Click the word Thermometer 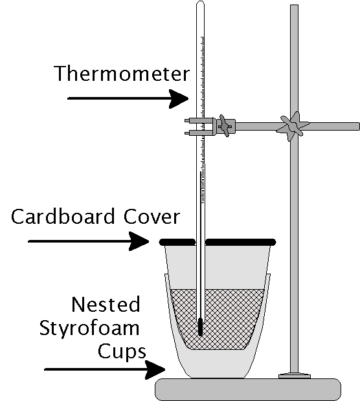(122, 73)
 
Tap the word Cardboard (63, 217)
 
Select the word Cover (152, 217)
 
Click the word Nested (106, 305)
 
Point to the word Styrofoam (89, 329)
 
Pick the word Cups (122, 352)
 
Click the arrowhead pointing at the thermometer (179, 99)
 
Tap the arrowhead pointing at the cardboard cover (139, 241)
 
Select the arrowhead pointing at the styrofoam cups (155, 369)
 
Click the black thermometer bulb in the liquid (201, 327)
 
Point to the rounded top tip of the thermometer (201, 2)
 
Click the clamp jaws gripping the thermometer (199, 127)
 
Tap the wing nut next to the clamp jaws (225, 126)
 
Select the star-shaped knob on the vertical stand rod (293, 126)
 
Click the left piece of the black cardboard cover (177, 242)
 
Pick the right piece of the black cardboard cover (241, 242)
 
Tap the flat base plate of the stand (248, 389)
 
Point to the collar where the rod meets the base (295, 376)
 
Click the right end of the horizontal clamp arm (359, 127)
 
